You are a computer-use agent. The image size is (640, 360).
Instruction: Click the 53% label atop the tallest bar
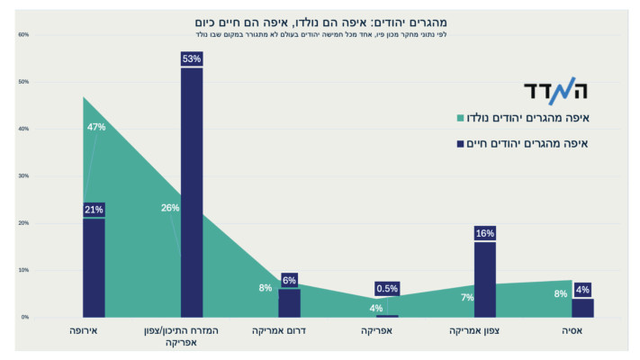(192, 59)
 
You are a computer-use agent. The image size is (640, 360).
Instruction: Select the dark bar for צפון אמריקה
(484, 279)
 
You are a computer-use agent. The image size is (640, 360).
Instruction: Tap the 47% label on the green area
(96, 127)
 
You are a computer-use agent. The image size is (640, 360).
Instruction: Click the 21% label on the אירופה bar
(94, 210)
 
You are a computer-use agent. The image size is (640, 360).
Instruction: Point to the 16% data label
(484, 233)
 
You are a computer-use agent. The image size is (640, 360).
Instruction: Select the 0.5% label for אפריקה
(387, 288)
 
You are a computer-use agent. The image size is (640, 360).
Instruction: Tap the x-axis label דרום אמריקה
(289, 332)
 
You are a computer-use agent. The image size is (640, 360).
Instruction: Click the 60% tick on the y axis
(23, 35)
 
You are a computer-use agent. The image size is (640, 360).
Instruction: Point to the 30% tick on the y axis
(23, 176)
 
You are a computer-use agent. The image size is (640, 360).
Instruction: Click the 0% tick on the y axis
(25, 317)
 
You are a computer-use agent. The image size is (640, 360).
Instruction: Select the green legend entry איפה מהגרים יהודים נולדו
(535, 118)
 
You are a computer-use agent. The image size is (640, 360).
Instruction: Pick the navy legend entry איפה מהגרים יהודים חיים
(535, 143)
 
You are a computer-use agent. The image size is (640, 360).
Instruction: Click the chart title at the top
(320, 21)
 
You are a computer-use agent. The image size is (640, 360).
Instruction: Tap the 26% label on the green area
(169, 208)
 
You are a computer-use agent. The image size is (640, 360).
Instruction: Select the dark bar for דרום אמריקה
(289, 302)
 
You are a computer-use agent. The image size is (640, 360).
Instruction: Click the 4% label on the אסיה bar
(582, 290)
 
